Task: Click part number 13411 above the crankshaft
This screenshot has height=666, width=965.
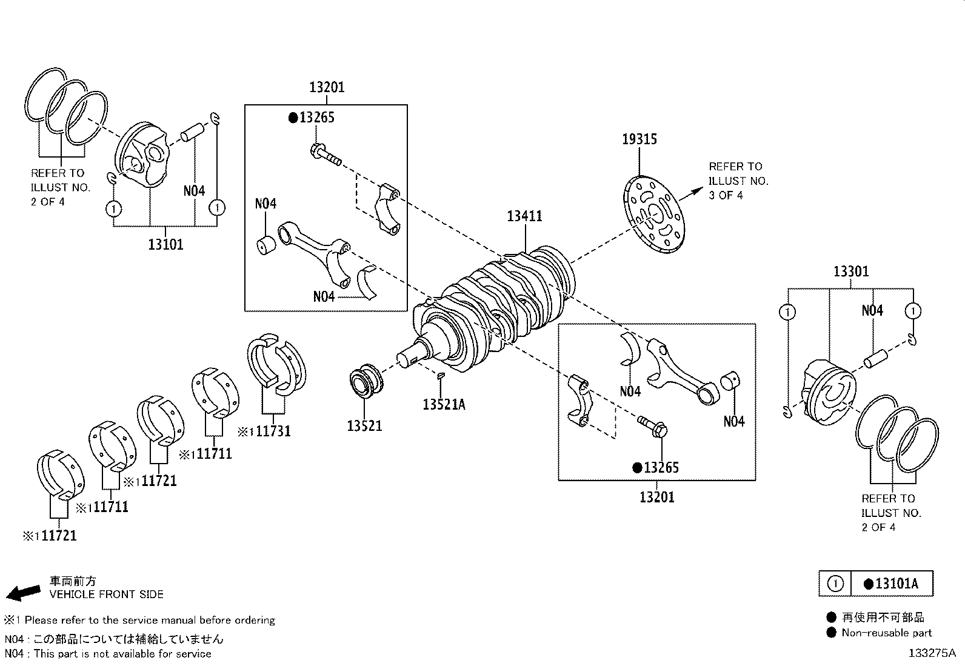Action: (x=524, y=216)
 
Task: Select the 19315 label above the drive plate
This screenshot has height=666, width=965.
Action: (x=639, y=139)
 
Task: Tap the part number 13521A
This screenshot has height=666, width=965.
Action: (x=444, y=404)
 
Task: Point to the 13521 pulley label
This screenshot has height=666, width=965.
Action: (x=364, y=425)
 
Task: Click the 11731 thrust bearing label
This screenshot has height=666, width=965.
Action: (x=272, y=431)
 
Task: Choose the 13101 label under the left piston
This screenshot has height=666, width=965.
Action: (x=165, y=244)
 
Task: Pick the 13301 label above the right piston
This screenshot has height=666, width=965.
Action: (x=850, y=271)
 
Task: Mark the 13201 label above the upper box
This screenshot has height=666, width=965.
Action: (x=326, y=87)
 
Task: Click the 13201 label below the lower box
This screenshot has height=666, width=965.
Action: (x=656, y=497)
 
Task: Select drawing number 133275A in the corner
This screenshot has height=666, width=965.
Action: (x=931, y=653)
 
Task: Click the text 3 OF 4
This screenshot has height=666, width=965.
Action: (x=726, y=195)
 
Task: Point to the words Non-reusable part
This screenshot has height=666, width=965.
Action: (x=886, y=633)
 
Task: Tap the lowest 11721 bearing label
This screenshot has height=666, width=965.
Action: (x=57, y=536)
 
